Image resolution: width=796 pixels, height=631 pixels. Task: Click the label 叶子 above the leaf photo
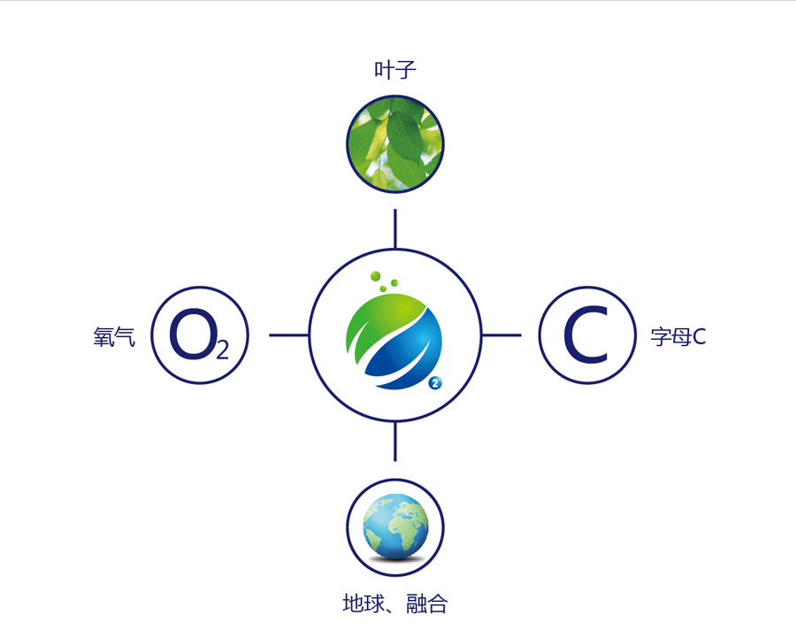pyautogui.click(x=394, y=70)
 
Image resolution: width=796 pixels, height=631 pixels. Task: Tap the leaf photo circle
pyautogui.click(x=394, y=143)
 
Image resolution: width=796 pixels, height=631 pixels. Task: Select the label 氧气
pyautogui.click(x=114, y=336)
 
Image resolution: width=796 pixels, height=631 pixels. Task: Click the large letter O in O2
pyautogui.click(x=190, y=334)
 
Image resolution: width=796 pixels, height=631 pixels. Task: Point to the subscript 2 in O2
pyautogui.click(x=221, y=350)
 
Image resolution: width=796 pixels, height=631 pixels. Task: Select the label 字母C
pyautogui.click(x=678, y=336)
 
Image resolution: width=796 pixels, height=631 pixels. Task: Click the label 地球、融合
pyautogui.click(x=394, y=604)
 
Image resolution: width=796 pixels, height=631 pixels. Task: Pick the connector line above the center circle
pyautogui.click(x=394, y=228)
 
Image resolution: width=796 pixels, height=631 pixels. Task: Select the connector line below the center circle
pyautogui.click(x=394, y=441)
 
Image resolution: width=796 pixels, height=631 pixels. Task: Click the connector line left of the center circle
pyautogui.click(x=288, y=335)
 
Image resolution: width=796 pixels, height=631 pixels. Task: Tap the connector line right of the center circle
pyautogui.click(x=501, y=335)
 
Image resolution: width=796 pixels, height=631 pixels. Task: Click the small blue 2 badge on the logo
pyautogui.click(x=435, y=383)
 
